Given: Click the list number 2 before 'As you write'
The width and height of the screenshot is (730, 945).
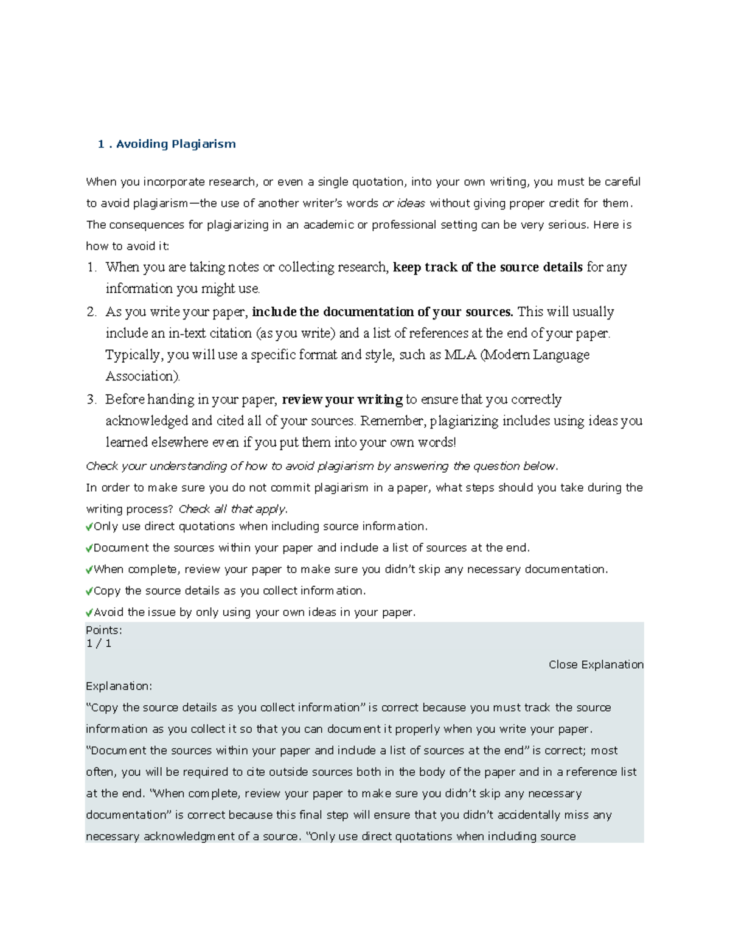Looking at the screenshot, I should [91, 312].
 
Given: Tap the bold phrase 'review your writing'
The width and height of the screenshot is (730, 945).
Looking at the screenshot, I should [342, 400].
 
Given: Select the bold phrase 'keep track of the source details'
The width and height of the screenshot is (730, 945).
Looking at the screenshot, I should [487, 267].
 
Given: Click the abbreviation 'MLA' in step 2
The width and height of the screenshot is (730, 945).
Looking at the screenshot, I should [460, 355].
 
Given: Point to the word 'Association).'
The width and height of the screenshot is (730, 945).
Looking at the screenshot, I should [143, 376].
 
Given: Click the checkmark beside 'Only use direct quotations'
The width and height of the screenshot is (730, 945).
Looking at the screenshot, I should [89, 527].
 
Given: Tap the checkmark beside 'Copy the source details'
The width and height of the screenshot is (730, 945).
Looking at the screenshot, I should [89, 591].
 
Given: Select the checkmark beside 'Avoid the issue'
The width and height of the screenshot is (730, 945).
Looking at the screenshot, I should [89, 613].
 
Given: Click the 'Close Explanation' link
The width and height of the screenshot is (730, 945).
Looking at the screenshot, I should [596, 664].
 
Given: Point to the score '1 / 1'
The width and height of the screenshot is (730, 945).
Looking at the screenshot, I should [99, 644].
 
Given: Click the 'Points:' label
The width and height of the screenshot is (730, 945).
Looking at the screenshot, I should [103, 630].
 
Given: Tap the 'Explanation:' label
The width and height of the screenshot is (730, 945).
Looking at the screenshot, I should [119, 686].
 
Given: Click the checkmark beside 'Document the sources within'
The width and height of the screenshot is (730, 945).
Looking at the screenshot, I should [89, 548].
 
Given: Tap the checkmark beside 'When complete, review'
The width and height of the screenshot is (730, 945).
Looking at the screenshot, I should [89, 570].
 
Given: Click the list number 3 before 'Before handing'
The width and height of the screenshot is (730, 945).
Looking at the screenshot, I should [91, 400].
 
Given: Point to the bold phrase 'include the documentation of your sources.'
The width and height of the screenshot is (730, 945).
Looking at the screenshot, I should [383, 312].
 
